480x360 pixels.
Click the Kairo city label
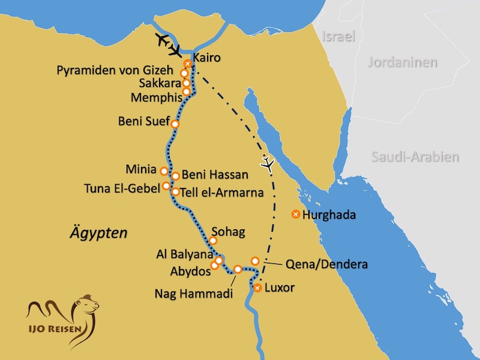(x=208, y=59)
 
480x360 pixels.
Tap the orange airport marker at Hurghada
(x=295, y=214)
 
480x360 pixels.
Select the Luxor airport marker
(x=257, y=289)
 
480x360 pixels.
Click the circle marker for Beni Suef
(x=175, y=124)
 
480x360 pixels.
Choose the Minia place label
(x=142, y=170)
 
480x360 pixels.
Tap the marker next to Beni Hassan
(x=176, y=176)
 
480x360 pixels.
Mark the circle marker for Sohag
(x=212, y=241)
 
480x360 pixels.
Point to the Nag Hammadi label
(x=193, y=294)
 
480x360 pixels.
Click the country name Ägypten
(x=98, y=233)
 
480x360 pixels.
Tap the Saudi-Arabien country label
(x=415, y=157)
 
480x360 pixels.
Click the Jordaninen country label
(x=403, y=62)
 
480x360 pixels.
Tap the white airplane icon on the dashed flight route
(x=268, y=163)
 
